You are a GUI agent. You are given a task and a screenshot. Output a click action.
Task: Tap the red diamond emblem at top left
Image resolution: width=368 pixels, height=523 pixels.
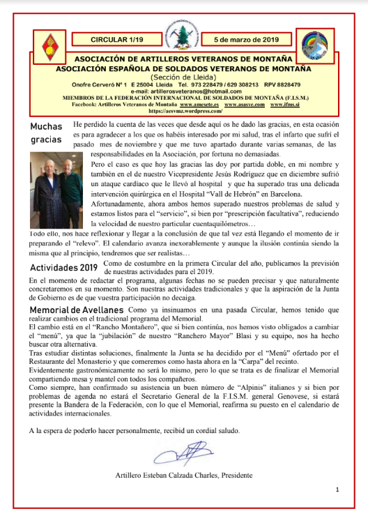[x=49, y=47]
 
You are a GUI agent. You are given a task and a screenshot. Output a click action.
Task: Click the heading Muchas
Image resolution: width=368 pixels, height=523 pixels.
[x=47, y=126]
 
